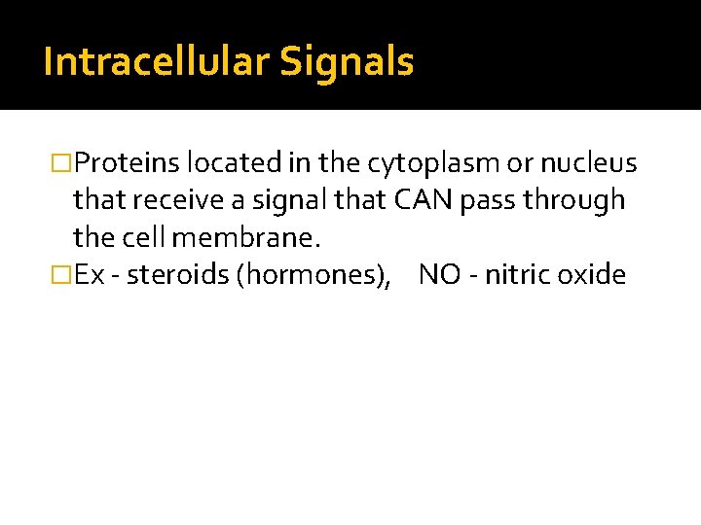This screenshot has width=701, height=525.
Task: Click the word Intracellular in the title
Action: click(x=157, y=62)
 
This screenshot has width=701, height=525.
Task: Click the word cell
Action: click(x=144, y=237)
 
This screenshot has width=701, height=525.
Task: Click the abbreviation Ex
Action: click(x=90, y=275)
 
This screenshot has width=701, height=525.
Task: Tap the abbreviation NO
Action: click(x=438, y=275)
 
